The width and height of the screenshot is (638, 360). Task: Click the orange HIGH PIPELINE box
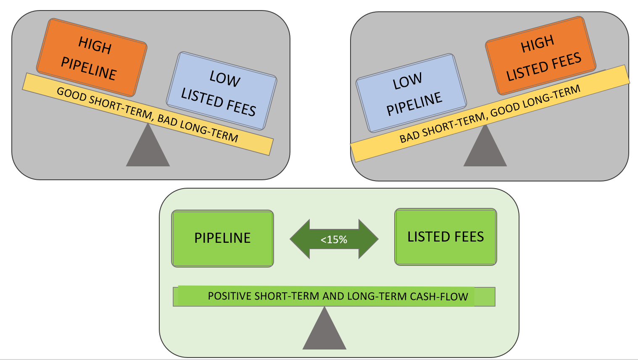[x=92, y=58]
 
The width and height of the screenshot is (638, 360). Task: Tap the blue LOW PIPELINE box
[x=411, y=93]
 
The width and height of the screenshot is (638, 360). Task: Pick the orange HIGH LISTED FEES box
[x=541, y=56]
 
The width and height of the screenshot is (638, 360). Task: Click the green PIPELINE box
[x=222, y=238]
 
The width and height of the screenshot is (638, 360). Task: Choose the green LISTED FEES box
[x=446, y=237]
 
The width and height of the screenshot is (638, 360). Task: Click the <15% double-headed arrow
[x=334, y=239]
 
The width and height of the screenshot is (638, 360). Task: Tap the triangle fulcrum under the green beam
[x=324, y=332]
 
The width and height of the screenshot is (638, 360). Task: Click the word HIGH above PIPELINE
[x=95, y=45]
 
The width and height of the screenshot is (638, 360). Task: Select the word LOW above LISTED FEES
[x=225, y=79]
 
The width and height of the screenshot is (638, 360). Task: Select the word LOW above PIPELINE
[x=407, y=81]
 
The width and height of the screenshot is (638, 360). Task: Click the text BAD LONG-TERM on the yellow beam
[x=198, y=128]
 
